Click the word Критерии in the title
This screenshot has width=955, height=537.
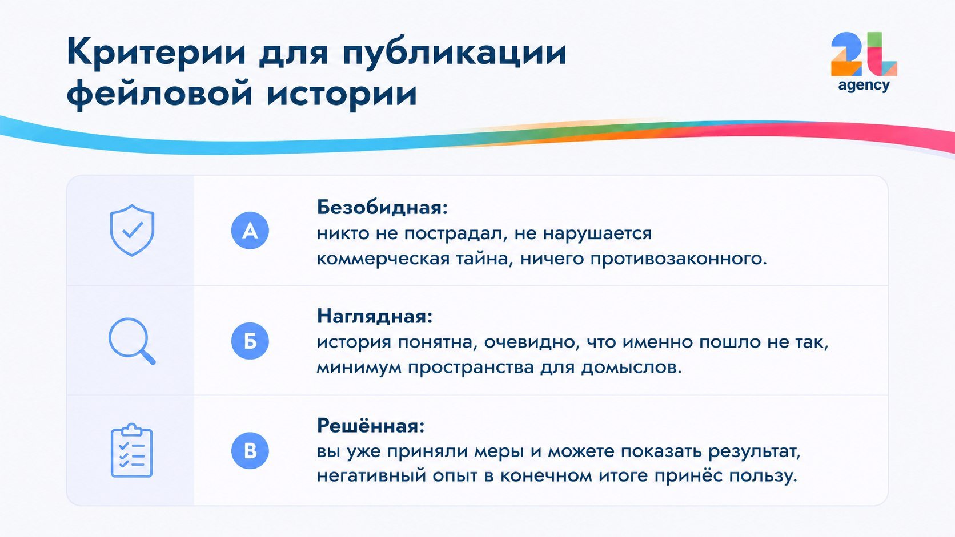(157, 52)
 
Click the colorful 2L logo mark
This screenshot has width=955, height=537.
(864, 55)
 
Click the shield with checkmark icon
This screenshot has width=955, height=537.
(132, 230)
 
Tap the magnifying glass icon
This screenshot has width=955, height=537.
(132, 341)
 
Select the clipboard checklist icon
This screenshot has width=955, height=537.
(132, 450)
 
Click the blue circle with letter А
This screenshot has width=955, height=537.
(250, 231)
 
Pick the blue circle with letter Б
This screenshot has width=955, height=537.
(250, 341)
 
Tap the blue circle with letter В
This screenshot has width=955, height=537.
(250, 451)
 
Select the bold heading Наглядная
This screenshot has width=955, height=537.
(375, 316)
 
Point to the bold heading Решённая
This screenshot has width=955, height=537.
(371, 425)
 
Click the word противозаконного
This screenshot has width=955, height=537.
(679, 259)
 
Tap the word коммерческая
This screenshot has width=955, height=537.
(383, 259)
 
